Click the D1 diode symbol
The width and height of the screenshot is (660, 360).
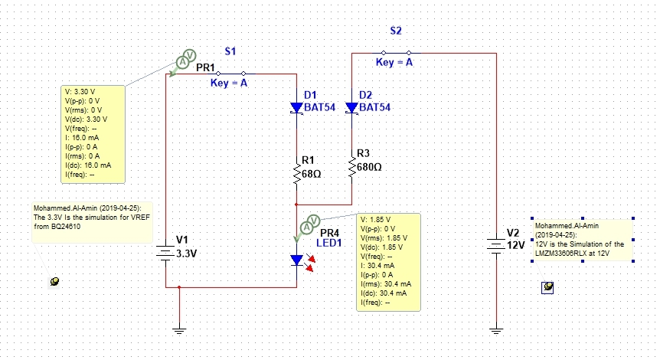[x=297, y=107]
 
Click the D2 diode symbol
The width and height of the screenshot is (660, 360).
[x=352, y=107]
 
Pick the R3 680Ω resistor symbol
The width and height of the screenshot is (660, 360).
[x=352, y=166]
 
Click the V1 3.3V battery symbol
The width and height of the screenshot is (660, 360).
[x=166, y=253]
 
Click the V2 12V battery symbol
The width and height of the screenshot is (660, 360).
[x=497, y=245]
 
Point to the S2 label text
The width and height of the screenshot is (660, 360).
[x=396, y=31]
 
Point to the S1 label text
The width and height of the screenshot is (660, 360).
[x=230, y=51]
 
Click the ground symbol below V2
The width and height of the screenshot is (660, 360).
[x=497, y=331]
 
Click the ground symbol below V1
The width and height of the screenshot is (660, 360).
[x=179, y=331]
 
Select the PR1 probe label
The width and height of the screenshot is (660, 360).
[x=205, y=67]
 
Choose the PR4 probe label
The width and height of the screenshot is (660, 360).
[x=329, y=233]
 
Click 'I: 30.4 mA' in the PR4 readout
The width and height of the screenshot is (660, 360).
[x=377, y=266]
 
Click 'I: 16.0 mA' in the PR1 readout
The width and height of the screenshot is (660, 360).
[x=82, y=138]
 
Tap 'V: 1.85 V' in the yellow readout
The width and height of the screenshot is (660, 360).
[x=375, y=219]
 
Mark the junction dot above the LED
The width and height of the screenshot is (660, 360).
[x=297, y=205]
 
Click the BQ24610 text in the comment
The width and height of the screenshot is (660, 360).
[x=65, y=227]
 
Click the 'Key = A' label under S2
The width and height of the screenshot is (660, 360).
[x=394, y=62]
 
